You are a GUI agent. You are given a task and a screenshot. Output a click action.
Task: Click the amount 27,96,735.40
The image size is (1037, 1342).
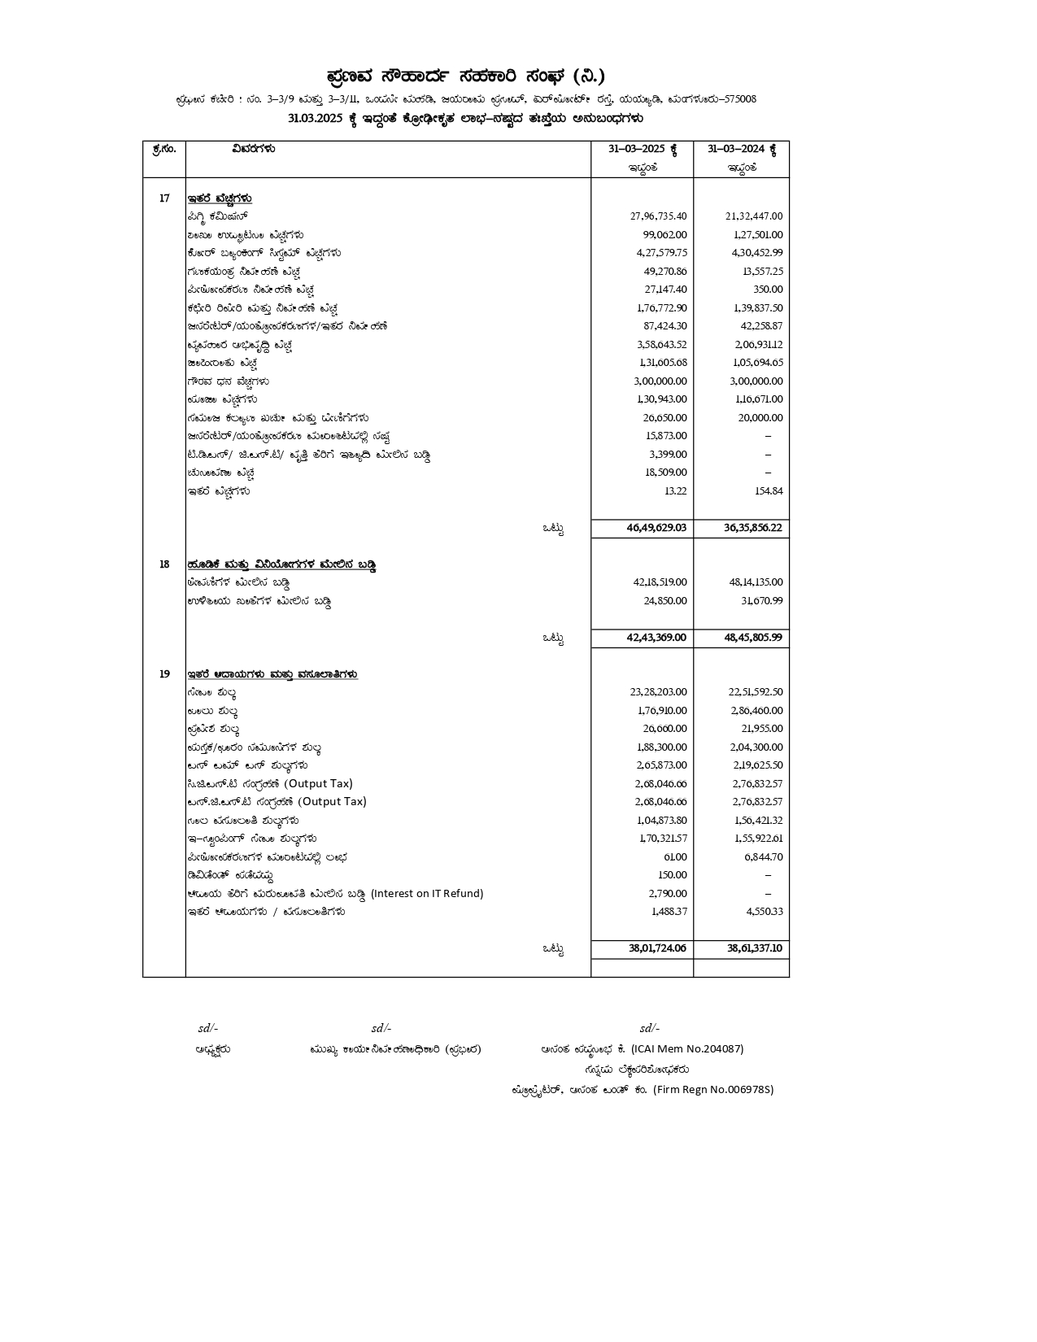tap(658, 216)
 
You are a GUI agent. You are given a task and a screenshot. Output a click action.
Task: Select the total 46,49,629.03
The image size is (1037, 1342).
tap(656, 528)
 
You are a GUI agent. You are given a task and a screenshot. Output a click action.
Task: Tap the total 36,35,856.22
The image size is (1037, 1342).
tap(753, 528)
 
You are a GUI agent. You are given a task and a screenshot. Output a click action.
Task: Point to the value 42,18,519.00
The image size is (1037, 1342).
tap(660, 582)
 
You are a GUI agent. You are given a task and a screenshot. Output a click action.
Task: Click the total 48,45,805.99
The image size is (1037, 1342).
tap(753, 638)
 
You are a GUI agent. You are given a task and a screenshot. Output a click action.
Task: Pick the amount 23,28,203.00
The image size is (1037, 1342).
tap(658, 692)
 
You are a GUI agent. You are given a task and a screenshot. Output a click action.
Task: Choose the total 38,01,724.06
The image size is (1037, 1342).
tap(657, 948)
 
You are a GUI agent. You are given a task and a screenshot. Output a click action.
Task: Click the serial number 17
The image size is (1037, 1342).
tap(164, 198)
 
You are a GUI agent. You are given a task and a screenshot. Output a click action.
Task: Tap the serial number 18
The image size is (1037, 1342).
tap(164, 564)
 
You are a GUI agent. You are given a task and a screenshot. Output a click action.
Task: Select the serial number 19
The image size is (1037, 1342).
tap(164, 674)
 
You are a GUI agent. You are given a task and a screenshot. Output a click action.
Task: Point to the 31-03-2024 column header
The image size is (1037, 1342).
tap(742, 150)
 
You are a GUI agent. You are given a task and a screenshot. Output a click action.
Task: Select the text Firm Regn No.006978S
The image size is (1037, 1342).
tap(713, 1090)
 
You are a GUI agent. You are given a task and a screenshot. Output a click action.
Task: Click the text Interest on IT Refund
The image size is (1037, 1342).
tap(427, 893)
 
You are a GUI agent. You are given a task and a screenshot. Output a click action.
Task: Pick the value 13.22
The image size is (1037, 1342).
tap(675, 490)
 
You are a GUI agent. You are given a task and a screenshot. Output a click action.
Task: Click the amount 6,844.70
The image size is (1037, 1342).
tap(764, 857)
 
